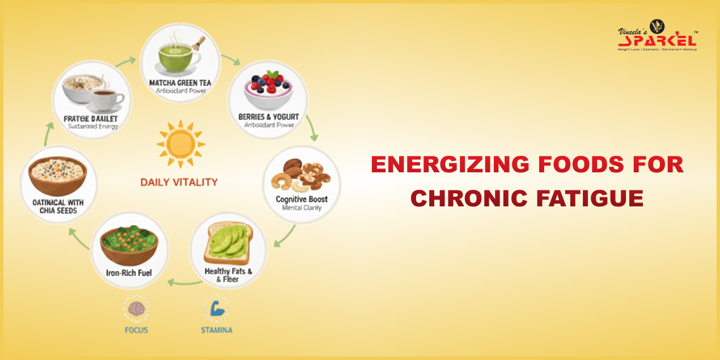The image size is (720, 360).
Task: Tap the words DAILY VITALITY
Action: click(179, 182)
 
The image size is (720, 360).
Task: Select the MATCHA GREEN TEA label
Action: click(180, 83)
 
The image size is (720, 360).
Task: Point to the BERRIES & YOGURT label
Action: click(269, 117)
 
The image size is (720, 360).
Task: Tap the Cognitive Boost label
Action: click(302, 199)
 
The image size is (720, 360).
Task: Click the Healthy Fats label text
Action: click(228, 272)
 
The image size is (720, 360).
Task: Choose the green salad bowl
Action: click(130, 244)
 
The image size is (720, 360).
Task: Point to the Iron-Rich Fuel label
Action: click(130, 273)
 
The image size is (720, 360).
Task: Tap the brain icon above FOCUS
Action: click(136, 308)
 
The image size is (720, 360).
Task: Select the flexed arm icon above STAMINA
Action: click(216, 309)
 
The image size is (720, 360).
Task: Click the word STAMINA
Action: click(216, 329)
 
